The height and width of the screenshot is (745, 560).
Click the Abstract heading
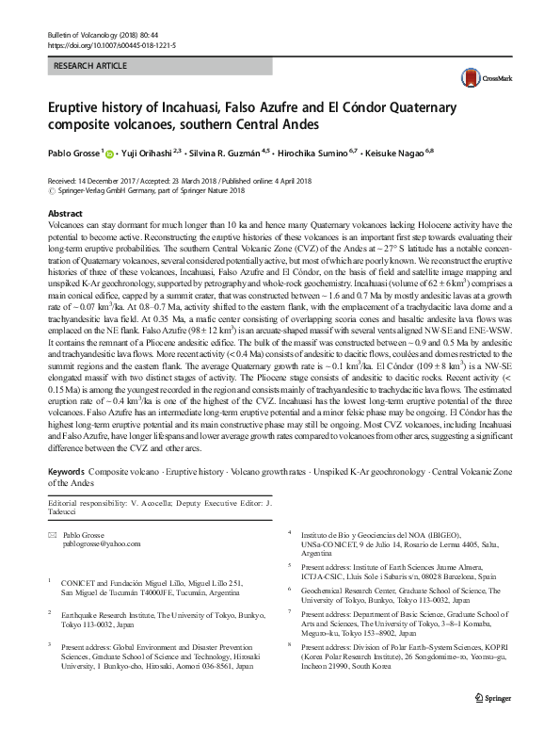click(65, 214)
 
